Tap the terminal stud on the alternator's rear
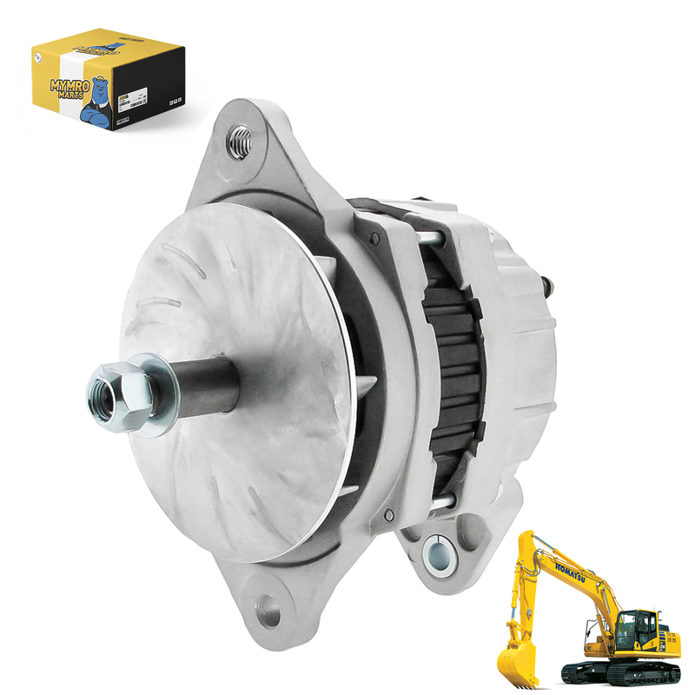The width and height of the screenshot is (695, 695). click(547, 283)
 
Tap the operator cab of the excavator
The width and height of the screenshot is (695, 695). click(639, 626)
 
